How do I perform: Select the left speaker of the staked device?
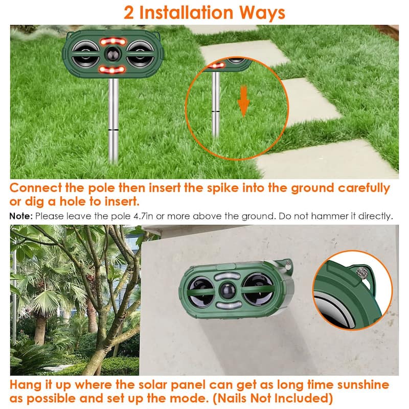click(84, 53)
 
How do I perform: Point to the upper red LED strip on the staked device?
click(112, 41)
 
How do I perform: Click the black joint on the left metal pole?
click(114, 131)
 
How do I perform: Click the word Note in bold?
click(21, 216)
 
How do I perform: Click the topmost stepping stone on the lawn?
click(221, 29)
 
